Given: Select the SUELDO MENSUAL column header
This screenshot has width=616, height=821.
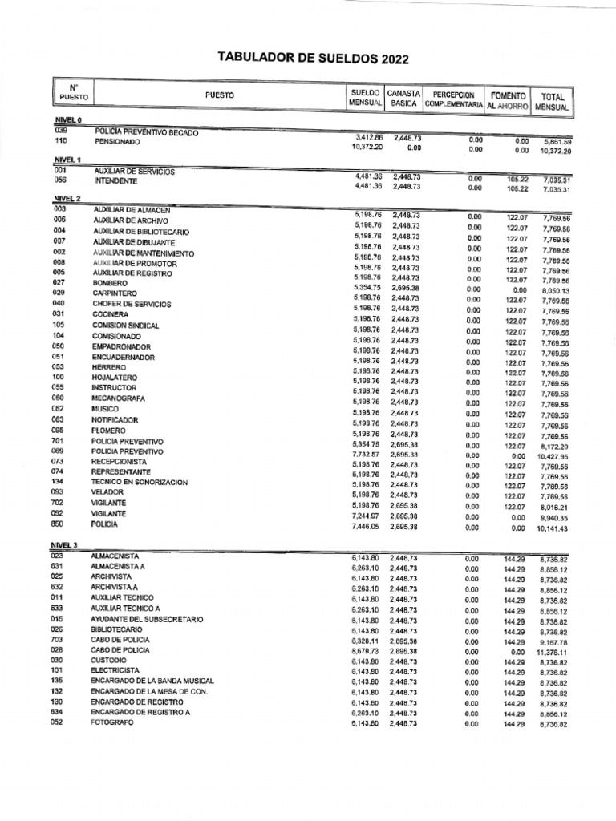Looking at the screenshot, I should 365,99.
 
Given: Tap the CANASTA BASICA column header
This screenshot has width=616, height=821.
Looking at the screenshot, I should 403,99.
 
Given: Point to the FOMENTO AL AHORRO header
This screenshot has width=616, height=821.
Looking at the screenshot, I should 506,99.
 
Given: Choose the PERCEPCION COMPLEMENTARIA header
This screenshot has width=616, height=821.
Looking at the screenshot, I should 453,99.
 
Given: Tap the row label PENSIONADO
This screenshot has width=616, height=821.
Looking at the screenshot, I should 117,141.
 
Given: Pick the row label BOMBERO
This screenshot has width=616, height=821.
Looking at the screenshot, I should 111,284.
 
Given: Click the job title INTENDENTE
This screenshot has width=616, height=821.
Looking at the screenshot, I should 117,182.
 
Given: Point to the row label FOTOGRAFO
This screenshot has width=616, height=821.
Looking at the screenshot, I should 113,722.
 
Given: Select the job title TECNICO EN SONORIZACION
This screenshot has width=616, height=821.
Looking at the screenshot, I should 139,483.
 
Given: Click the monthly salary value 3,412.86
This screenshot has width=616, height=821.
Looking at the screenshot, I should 367,138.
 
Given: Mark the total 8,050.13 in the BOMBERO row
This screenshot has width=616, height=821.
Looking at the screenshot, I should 554,292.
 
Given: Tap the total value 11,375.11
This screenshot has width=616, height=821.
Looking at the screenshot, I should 553,654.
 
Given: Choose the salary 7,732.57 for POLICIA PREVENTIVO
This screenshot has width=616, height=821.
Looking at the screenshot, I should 367,455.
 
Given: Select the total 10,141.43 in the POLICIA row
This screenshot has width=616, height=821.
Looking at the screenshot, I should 553,529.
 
